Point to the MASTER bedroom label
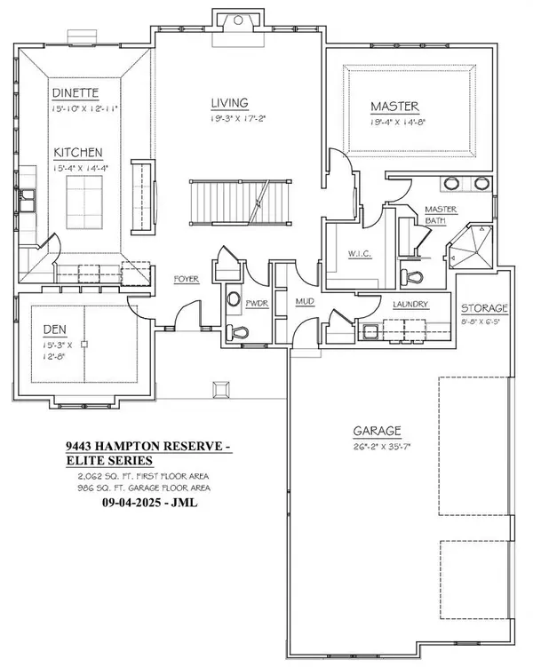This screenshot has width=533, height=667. [x=394, y=107]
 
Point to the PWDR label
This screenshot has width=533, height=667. [x=257, y=304]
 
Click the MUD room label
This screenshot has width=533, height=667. [x=305, y=303]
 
